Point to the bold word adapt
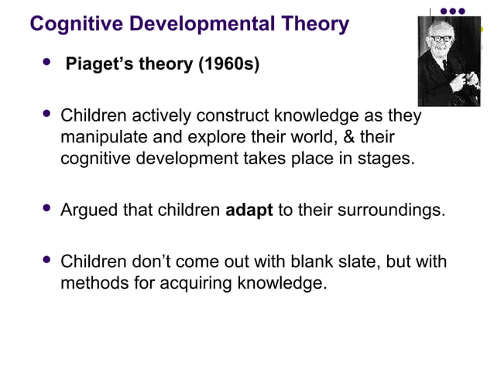click(249, 211)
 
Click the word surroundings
click(390, 211)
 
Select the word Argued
click(89, 211)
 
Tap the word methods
click(91, 283)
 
